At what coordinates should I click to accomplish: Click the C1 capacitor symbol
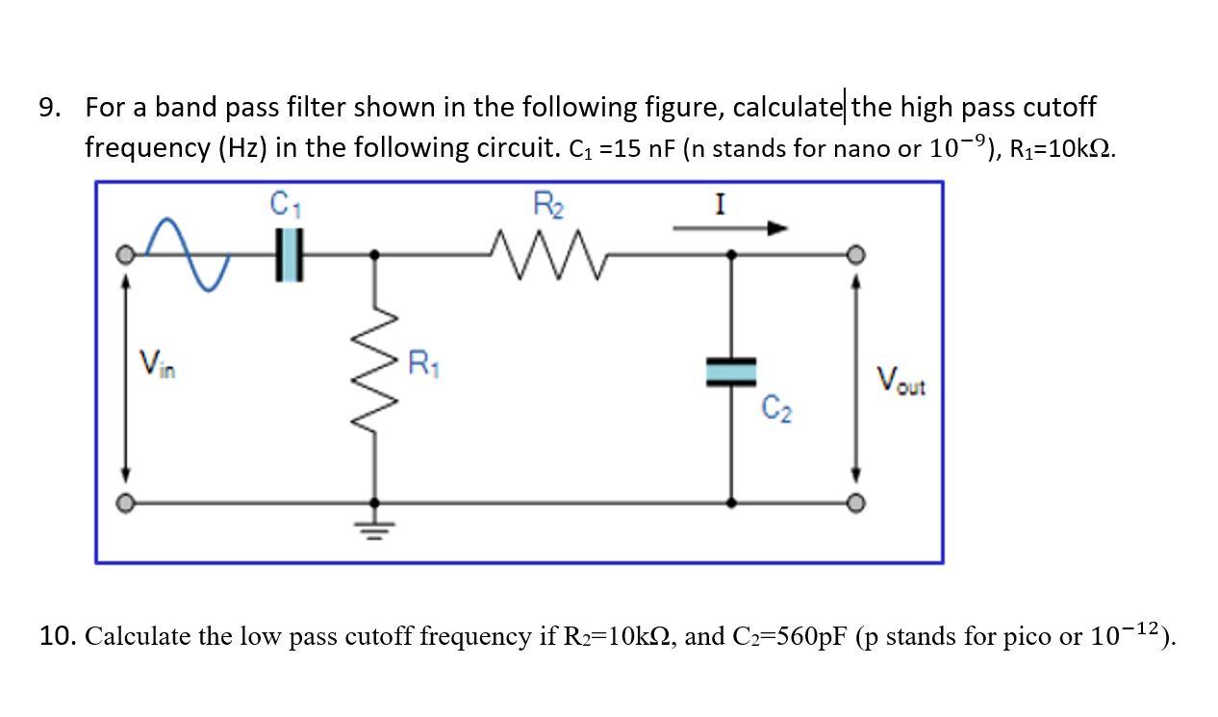tap(290, 255)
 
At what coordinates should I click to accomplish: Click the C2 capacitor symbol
tap(731, 371)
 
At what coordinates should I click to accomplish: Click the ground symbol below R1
tap(374, 525)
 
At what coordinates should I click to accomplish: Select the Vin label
tap(160, 364)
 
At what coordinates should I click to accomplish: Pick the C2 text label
tap(777, 409)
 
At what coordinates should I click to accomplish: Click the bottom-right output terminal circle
tap(854, 502)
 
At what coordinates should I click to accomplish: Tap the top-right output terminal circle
tap(854, 255)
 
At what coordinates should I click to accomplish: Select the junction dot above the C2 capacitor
tap(731, 255)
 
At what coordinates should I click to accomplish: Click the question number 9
tap(50, 107)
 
